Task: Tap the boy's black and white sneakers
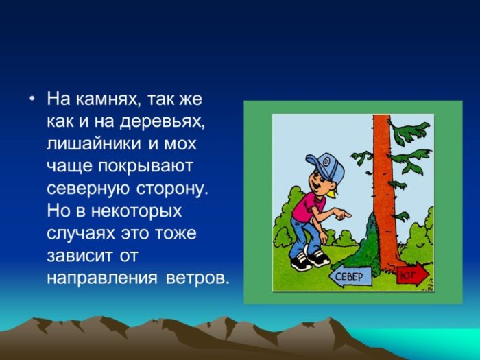pyautogui.click(x=309, y=259)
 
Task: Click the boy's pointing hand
pyautogui.click(x=343, y=214)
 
